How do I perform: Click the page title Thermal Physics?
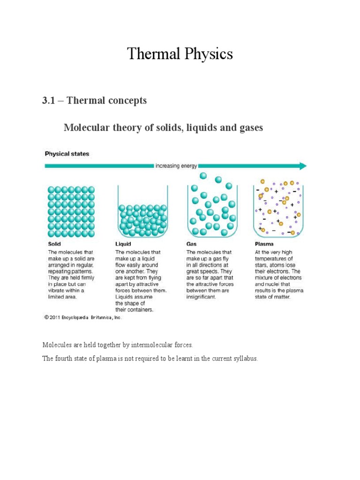pyautogui.click(x=180, y=54)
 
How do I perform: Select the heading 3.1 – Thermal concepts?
pyautogui.click(x=94, y=101)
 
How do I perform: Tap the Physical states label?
pyautogui.click(x=67, y=154)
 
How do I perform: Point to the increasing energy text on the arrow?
pyautogui.click(x=176, y=166)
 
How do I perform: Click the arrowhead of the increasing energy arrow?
pyautogui.click(x=302, y=166)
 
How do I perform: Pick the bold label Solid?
pyautogui.click(x=55, y=244)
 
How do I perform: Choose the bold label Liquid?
pyautogui.click(x=123, y=244)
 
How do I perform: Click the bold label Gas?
pyautogui.click(x=192, y=244)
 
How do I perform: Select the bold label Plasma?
pyautogui.click(x=264, y=244)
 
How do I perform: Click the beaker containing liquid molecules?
pyautogui.click(x=143, y=213)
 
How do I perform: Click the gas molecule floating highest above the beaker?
pyautogui.click(x=203, y=176)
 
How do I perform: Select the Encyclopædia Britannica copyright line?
pyautogui.click(x=83, y=317)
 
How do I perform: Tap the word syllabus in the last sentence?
pyautogui.click(x=245, y=359)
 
